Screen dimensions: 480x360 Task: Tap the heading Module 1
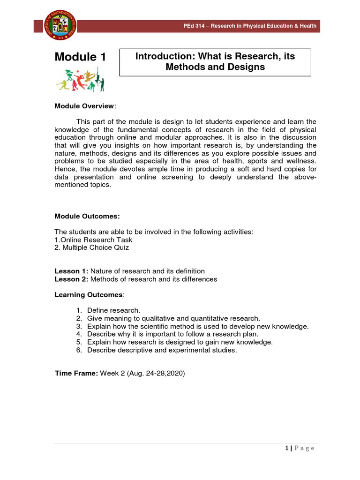[80, 57]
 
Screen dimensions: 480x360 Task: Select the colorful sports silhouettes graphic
[80, 79]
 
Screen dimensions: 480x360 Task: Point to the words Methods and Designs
[215, 67]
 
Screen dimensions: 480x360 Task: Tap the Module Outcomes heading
[87, 216]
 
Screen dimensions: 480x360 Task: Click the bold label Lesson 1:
[71, 271]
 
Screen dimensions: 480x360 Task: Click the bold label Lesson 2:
[71, 279]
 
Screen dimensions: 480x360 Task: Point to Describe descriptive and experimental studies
[162, 350]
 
